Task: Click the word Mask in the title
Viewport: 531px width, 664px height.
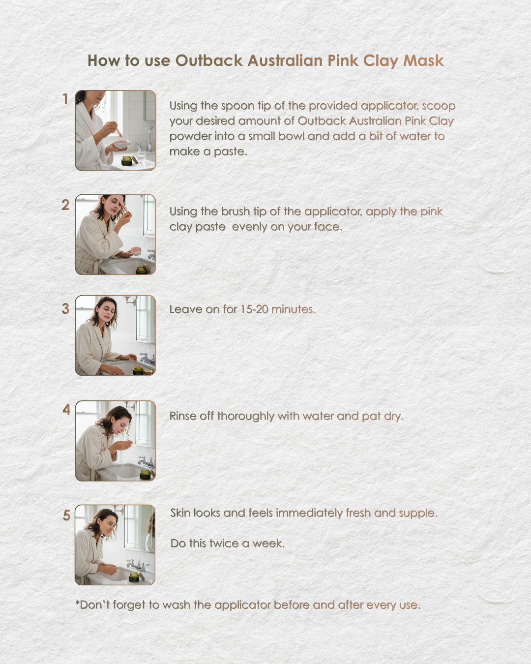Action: (x=423, y=60)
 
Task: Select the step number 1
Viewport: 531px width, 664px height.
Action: (x=65, y=99)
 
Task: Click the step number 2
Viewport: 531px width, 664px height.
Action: (x=65, y=205)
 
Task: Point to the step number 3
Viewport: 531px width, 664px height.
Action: (x=65, y=308)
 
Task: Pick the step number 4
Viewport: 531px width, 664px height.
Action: (x=67, y=409)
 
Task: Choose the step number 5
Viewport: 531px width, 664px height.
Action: (x=67, y=515)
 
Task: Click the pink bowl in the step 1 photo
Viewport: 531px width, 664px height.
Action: (x=121, y=145)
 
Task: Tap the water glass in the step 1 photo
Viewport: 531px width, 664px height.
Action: (x=141, y=157)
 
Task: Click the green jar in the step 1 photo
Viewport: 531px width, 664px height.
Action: (x=127, y=161)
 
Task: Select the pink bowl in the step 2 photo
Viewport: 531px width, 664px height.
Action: (x=135, y=250)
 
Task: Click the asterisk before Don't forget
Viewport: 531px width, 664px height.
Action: (x=78, y=603)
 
